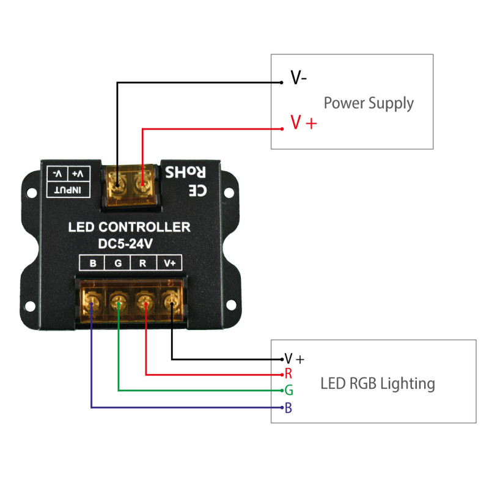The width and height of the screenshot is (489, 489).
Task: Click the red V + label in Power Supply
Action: click(x=304, y=123)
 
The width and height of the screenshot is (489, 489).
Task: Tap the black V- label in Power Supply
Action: click(x=298, y=78)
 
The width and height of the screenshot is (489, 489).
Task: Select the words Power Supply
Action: click(x=369, y=103)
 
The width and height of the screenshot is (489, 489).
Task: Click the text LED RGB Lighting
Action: click(x=378, y=384)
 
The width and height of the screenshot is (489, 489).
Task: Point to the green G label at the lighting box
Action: click(x=289, y=390)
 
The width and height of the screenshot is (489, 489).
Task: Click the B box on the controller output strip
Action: click(x=93, y=264)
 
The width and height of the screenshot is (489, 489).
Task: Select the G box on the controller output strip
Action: click(x=118, y=264)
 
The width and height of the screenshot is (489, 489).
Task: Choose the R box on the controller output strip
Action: click(x=143, y=264)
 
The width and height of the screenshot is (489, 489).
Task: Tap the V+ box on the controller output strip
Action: click(x=169, y=264)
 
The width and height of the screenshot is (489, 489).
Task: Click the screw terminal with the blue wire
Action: click(x=92, y=301)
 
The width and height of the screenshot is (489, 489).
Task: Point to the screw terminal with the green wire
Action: click(x=118, y=301)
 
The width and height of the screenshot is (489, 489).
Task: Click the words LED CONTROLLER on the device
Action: click(x=129, y=227)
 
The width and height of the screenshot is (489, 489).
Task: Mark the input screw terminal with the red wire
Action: click(x=142, y=180)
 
